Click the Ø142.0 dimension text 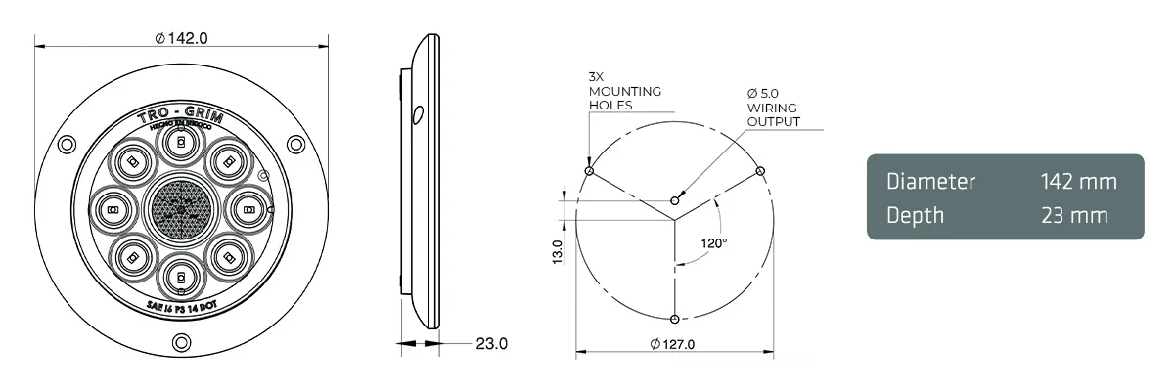click(x=182, y=38)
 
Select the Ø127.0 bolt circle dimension click(x=672, y=344)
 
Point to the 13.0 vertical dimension click(x=557, y=252)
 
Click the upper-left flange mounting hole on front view click(x=67, y=145)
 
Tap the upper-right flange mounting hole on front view click(x=295, y=145)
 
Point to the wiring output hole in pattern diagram click(x=674, y=200)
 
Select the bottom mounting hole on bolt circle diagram click(x=674, y=319)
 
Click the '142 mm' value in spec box click(x=1079, y=182)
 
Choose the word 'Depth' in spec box click(x=915, y=214)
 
